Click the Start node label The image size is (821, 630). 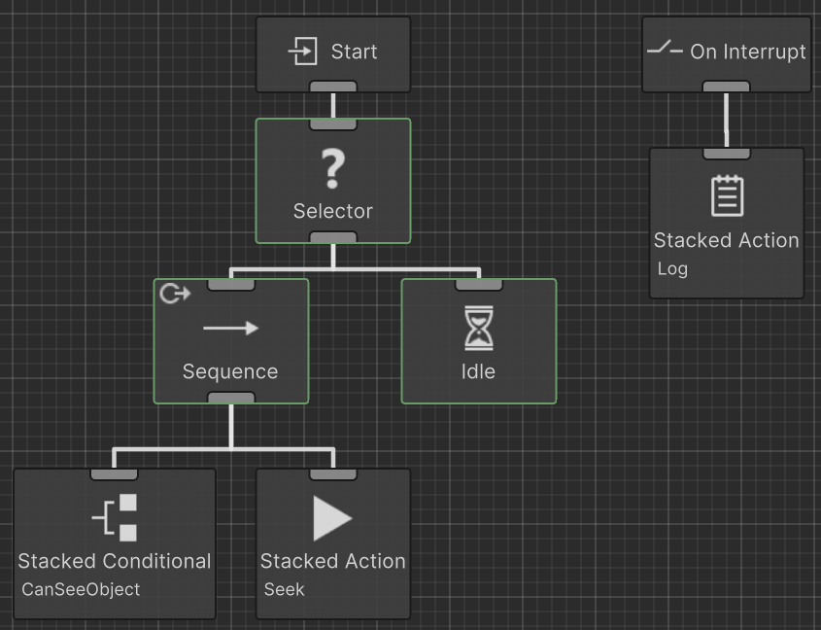point(354,52)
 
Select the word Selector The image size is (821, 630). point(333,210)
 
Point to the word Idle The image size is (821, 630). point(479,371)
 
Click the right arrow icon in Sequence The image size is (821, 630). point(231,329)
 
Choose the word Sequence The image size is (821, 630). point(230,371)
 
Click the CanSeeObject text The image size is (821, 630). point(81,589)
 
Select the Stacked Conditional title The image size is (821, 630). point(115,561)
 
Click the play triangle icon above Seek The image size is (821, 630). point(332,517)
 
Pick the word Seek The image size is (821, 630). point(284,589)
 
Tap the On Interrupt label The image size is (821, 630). point(748,52)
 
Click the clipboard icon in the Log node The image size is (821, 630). point(727,195)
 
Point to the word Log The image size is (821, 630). point(672,268)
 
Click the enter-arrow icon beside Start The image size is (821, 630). point(303,52)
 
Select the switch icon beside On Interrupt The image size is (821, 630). point(665,50)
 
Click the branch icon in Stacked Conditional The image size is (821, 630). point(116,517)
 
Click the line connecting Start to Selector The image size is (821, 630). point(333,105)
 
